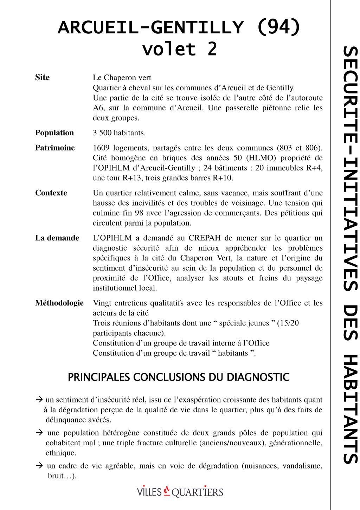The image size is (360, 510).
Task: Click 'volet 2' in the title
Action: click(179, 49)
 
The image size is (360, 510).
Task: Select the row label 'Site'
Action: click(43, 77)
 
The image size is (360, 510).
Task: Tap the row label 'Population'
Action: click(54, 133)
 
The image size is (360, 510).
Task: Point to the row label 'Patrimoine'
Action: click(55, 148)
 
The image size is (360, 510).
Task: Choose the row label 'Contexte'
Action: click(51, 193)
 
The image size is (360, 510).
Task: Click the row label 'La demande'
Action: click(57, 238)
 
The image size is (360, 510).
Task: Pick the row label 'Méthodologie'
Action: click(59, 303)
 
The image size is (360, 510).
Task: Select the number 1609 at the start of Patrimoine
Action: click(101, 148)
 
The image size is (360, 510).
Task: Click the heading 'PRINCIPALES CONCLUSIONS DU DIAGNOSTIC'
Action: click(179, 377)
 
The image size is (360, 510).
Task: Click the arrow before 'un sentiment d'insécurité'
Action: click(39, 400)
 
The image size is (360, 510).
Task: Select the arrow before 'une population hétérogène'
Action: click(39, 433)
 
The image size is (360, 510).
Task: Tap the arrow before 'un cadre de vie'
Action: click(39, 466)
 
